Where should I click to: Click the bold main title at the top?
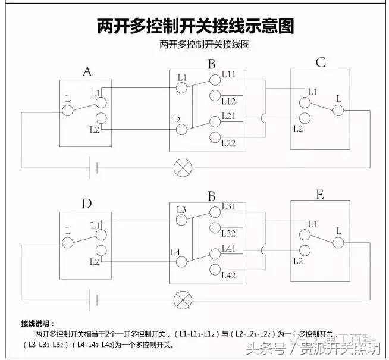click(195, 26)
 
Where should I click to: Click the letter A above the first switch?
click(87, 73)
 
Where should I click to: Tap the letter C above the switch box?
click(320, 62)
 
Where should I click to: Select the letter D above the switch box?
click(87, 204)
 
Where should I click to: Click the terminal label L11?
click(229, 75)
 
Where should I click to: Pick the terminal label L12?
click(229, 101)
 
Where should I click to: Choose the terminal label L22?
click(229, 143)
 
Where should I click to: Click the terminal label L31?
click(229, 206)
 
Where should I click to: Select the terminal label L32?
click(229, 233)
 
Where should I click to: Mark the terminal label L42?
click(229, 275)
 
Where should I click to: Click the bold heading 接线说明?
click(37, 323)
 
